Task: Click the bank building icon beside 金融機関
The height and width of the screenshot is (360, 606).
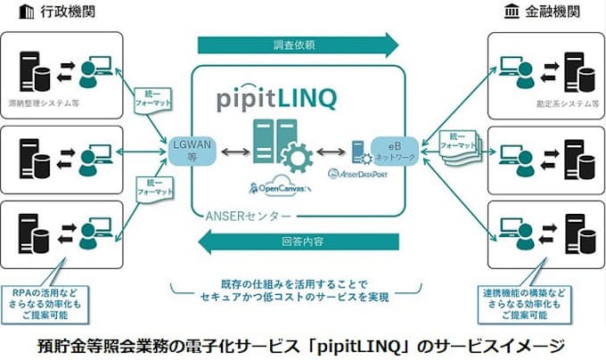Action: point(512,12)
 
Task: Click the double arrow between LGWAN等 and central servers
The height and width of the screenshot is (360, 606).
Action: point(231,149)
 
